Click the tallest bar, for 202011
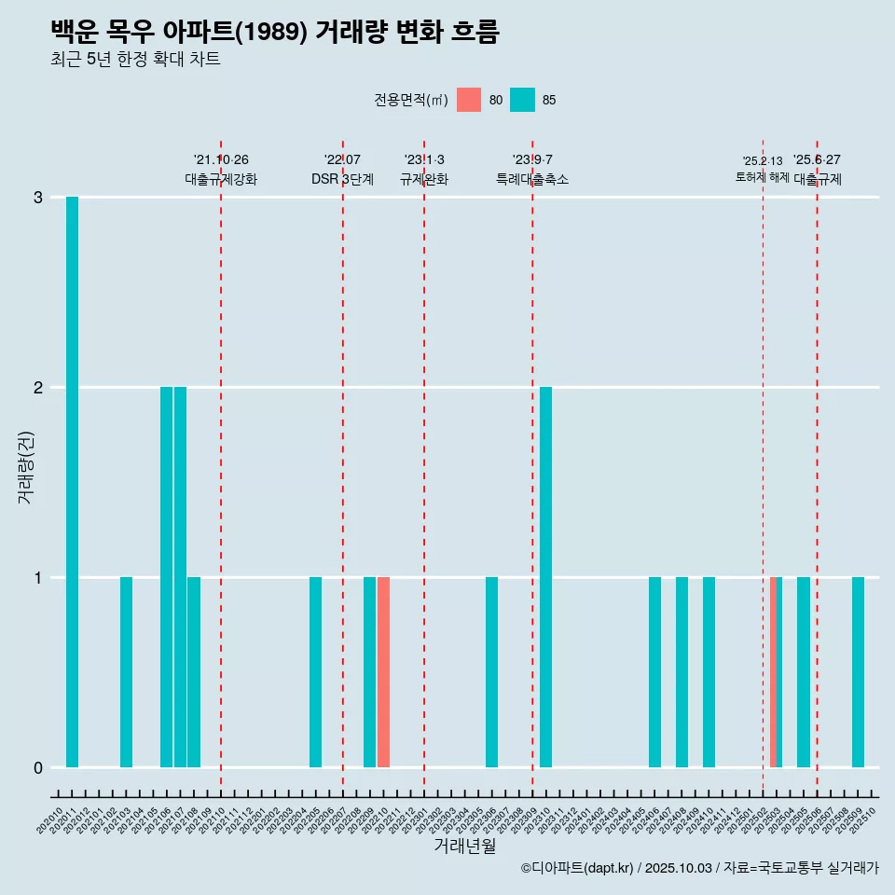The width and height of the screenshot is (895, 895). [x=72, y=482]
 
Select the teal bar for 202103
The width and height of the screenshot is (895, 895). [x=126, y=672]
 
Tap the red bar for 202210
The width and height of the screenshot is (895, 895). [x=383, y=672]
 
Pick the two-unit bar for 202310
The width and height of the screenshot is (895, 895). [x=545, y=577]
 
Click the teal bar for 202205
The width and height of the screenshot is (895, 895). [x=315, y=672]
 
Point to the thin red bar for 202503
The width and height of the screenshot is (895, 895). [x=773, y=672]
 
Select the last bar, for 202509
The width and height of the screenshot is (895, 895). [x=858, y=672]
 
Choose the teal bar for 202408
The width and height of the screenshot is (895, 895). [x=682, y=672]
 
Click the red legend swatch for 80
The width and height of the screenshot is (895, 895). [x=469, y=100]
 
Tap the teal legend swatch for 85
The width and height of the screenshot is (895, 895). [x=522, y=100]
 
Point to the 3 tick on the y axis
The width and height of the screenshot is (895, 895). [x=38, y=198]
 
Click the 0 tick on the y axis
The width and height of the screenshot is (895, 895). [x=38, y=768]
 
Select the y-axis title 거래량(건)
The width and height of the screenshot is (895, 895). [x=26, y=466]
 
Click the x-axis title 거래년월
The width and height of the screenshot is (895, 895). [x=464, y=846]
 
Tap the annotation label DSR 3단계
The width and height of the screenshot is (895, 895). [x=342, y=179]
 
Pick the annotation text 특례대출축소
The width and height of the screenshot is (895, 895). [x=532, y=179]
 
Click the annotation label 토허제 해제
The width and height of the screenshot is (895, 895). [x=762, y=177]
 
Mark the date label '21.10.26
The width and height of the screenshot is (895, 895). [x=221, y=159]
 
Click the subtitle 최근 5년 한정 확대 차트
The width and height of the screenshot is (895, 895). [x=135, y=60]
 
